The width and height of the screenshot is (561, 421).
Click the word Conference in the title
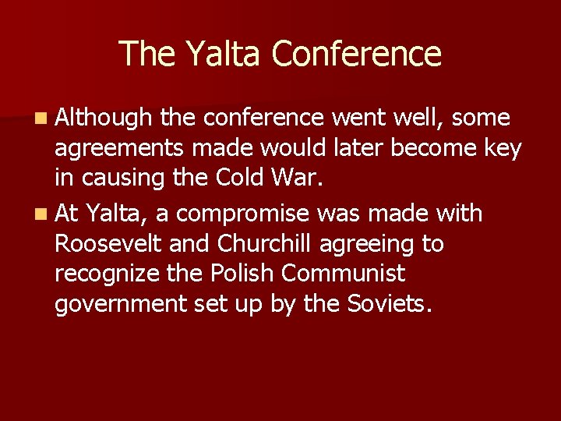click(x=357, y=54)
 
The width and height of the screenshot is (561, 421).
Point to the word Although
click(x=104, y=119)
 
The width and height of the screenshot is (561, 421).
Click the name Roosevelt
click(x=108, y=244)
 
